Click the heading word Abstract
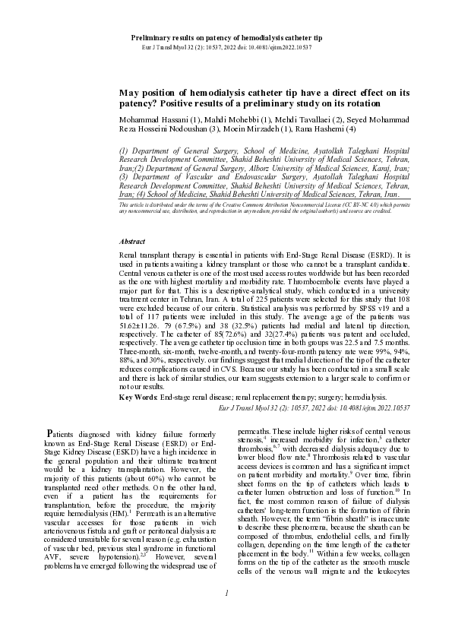coord(132,241)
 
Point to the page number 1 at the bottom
coord(226,613)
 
